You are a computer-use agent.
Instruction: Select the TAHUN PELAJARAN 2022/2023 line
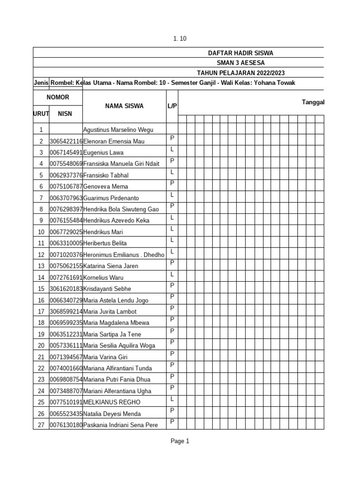pyautogui.click(x=240, y=73)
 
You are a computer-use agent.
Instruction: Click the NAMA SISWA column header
pyautogui.click(x=124, y=106)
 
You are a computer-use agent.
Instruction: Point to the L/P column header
pyautogui.click(x=172, y=106)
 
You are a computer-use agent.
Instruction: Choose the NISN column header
pyautogui.click(x=65, y=113)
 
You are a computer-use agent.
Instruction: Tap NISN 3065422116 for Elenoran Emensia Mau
pyautogui.click(x=66, y=141)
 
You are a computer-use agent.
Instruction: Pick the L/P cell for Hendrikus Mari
pyautogui.click(x=172, y=229)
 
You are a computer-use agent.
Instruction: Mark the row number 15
pyautogui.click(x=41, y=289)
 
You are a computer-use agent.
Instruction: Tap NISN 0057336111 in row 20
pyautogui.click(x=66, y=345)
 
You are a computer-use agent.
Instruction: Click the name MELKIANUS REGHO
pyautogui.click(x=112, y=402)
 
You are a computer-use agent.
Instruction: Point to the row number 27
pyautogui.click(x=41, y=425)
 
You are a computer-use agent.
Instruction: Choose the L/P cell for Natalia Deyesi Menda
pyautogui.click(x=172, y=410)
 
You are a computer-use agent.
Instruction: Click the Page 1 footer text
pyautogui.click(x=180, y=441)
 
